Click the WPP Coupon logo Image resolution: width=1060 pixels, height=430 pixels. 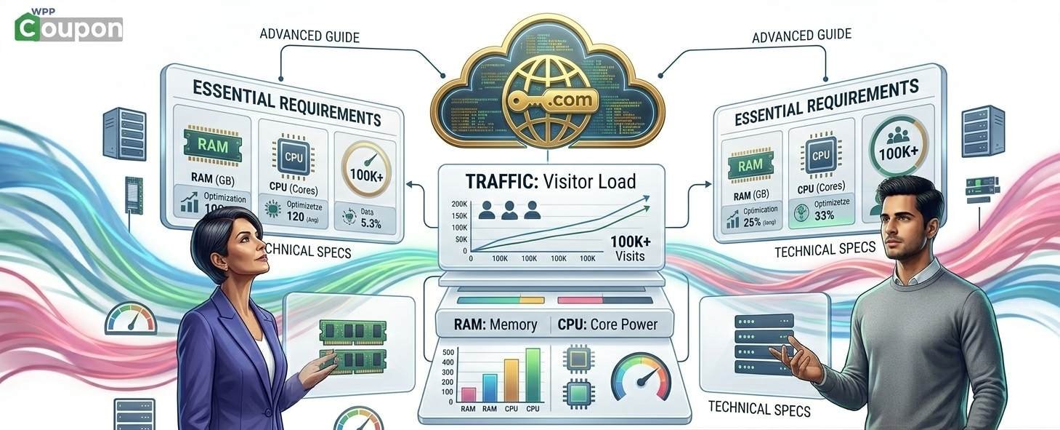pos(69,25)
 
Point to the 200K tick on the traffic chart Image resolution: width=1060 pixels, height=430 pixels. pos(458,203)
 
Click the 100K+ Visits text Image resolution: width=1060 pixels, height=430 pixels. pos(629,248)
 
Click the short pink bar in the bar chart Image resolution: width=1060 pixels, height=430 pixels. pos(469,394)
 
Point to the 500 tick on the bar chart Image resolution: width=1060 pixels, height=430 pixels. pos(448,352)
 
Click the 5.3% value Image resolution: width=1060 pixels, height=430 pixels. pos(371,223)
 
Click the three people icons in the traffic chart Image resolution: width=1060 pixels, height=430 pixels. pos(509,210)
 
